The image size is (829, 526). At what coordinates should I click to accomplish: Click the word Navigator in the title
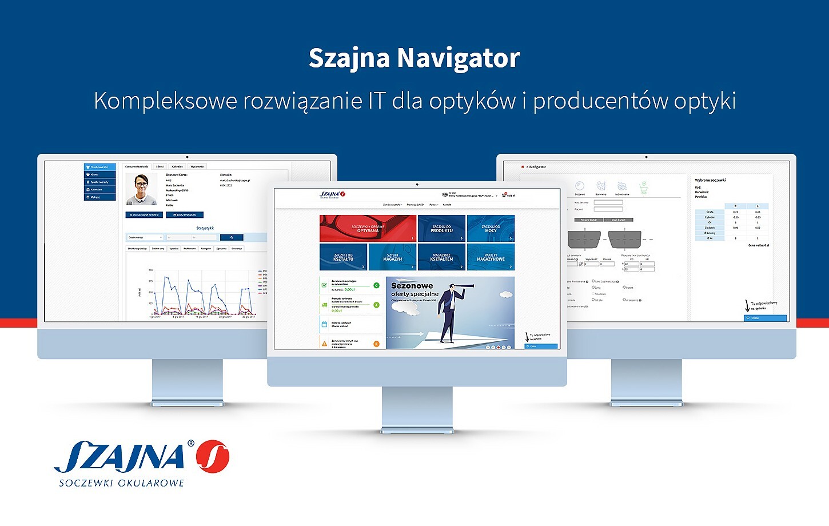click(x=458, y=58)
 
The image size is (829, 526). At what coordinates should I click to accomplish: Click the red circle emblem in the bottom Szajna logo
click(x=212, y=457)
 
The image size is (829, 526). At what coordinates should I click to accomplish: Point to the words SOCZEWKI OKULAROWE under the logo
click(x=121, y=483)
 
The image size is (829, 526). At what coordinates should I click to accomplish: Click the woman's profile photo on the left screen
click(x=141, y=189)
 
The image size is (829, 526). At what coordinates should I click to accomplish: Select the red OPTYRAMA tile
click(x=368, y=229)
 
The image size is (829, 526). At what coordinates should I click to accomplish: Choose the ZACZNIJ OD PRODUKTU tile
click(x=441, y=229)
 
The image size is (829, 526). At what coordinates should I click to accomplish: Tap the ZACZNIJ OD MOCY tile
click(x=491, y=229)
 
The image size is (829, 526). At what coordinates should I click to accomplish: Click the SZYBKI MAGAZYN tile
click(x=392, y=257)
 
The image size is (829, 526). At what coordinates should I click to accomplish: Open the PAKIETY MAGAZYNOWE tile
click(x=491, y=257)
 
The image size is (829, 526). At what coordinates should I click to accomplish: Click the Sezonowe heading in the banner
click(x=412, y=285)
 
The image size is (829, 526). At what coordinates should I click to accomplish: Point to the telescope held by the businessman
click(x=465, y=286)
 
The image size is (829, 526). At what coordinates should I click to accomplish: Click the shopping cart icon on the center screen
click(x=504, y=195)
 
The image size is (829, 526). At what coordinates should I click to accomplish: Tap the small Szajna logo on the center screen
click(x=332, y=194)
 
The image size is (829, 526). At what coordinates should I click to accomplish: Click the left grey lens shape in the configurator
click(x=584, y=238)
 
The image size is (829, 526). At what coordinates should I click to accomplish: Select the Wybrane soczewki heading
click(x=710, y=180)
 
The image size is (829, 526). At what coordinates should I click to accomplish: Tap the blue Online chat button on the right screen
click(x=765, y=318)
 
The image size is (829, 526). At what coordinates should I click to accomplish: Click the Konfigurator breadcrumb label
click(x=537, y=167)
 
